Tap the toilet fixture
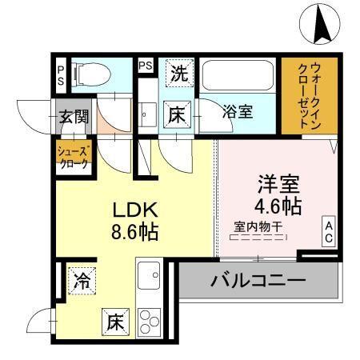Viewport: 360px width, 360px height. pyautogui.click(x=90, y=75)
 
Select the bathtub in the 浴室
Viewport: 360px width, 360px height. pyautogui.click(x=237, y=78)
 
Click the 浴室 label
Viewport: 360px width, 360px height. pyautogui.click(x=238, y=112)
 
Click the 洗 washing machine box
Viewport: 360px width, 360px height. pyautogui.click(x=179, y=75)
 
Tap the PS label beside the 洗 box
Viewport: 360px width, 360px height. pyautogui.click(x=146, y=66)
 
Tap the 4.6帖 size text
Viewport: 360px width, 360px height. pyautogui.click(x=278, y=206)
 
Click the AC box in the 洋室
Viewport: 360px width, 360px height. pyautogui.click(x=329, y=231)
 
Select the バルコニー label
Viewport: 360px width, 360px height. pyautogui.click(x=258, y=281)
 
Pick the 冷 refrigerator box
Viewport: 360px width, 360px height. pyautogui.click(x=80, y=281)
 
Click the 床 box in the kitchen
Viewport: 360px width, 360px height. pyautogui.click(x=114, y=323)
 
